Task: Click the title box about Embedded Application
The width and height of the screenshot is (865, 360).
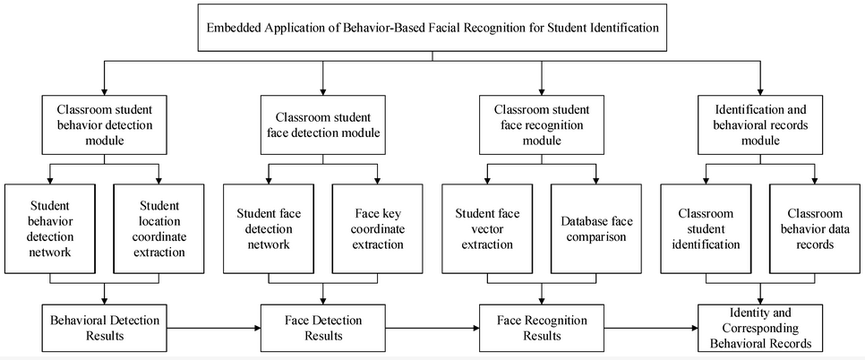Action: point(432,28)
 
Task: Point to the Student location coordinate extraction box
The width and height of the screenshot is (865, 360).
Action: point(159,227)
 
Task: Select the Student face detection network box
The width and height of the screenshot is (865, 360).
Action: point(268,227)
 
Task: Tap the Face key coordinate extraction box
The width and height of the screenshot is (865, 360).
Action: point(376,227)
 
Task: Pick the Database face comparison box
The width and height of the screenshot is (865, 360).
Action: point(594,227)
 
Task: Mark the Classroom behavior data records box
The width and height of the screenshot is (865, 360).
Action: point(813,227)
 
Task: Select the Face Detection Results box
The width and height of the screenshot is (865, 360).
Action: point(322,328)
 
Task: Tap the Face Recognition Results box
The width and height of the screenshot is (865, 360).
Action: point(540,328)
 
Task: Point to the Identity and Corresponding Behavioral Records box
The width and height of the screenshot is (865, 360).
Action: point(759,328)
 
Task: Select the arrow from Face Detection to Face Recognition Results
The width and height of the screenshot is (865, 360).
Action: point(432,328)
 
